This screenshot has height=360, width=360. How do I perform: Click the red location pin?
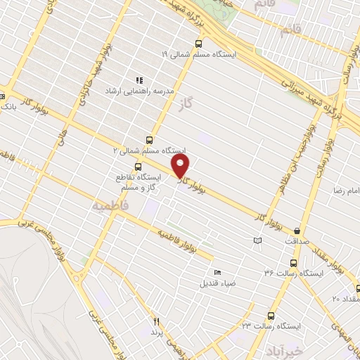coord(181,167)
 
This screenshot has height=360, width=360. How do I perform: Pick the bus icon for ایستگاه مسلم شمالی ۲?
coord(149,140)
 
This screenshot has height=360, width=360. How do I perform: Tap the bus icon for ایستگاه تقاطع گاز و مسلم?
coord(137,167)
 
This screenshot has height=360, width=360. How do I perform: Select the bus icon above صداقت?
coord(297,230)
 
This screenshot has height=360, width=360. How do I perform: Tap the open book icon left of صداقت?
coord(257,241)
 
